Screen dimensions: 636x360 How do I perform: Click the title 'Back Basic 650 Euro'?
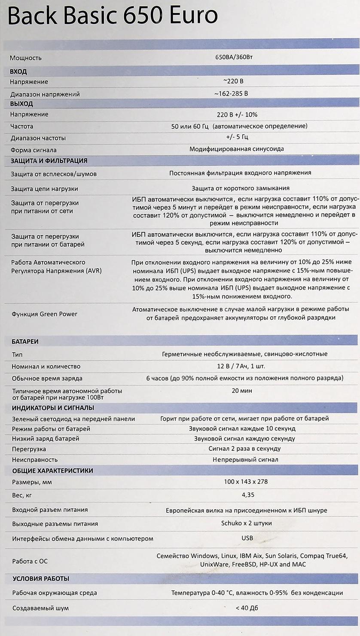tap(113, 16)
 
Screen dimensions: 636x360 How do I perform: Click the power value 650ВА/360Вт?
tap(237, 57)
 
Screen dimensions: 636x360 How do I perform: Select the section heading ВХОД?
tap(18, 72)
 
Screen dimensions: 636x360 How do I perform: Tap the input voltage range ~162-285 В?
tap(231, 93)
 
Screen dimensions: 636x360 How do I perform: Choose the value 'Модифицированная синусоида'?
tap(237, 149)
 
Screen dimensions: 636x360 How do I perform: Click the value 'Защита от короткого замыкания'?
tap(240, 188)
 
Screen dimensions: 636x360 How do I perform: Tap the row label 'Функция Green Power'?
tap(44, 314)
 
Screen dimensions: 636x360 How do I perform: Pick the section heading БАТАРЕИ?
tap(25, 342)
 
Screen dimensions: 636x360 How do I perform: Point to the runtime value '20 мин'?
tap(242, 391)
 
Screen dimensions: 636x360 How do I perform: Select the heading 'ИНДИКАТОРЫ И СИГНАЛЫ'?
tap(53, 408)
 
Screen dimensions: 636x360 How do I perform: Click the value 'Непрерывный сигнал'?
tap(245, 459)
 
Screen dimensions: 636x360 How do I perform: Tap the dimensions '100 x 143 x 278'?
tap(246, 482)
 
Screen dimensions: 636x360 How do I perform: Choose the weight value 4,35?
tap(248, 495)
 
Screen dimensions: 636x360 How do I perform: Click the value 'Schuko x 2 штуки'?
tap(246, 523)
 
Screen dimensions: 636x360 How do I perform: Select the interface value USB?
tap(247, 538)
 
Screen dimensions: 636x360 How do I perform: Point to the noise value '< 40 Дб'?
tap(247, 608)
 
